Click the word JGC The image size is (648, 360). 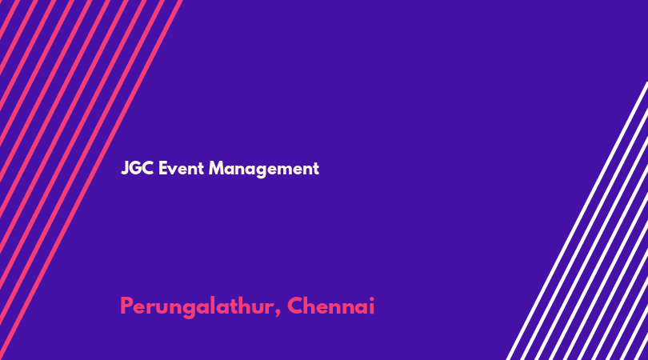click(x=138, y=168)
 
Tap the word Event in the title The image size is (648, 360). click(x=181, y=168)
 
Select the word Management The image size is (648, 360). click(x=264, y=169)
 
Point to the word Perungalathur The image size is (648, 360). click(x=197, y=307)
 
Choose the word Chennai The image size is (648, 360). click(x=330, y=306)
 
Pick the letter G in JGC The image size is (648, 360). click(x=137, y=168)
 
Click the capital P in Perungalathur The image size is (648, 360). click(x=127, y=306)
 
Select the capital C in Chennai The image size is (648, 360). click(x=295, y=306)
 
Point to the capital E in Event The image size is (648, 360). click(x=163, y=168)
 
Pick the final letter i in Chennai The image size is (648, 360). click(x=371, y=306)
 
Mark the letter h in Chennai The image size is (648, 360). click(x=312, y=306)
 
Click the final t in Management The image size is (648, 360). click(x=315, y=169)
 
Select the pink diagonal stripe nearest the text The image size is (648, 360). click(x=91, y=180)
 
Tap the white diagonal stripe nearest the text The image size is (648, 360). click(x=578, y=221)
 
